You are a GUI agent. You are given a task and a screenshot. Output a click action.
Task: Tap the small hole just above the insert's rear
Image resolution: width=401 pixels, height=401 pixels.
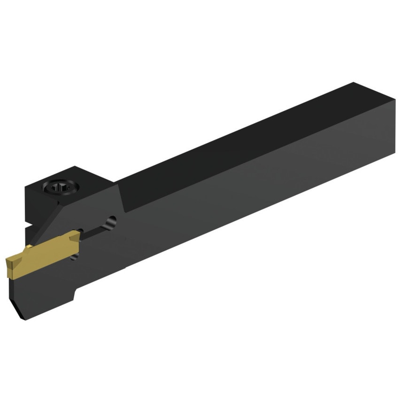80,230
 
